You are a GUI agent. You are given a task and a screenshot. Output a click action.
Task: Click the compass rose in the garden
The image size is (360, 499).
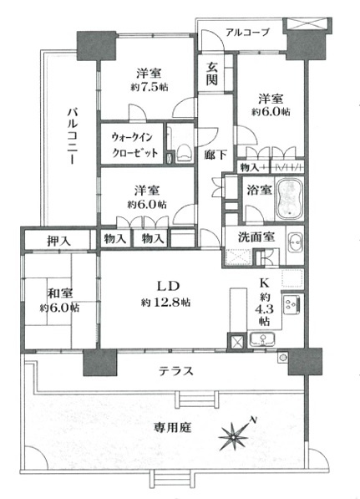coord(234,438)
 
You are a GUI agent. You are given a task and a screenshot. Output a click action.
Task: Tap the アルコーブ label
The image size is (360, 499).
coord(248,33)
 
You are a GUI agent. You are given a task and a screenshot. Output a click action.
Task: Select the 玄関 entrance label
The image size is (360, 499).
coord(212,73)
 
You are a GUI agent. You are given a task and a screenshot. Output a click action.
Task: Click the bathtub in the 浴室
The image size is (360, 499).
coord(290,199)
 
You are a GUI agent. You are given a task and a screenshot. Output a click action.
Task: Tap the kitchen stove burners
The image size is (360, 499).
coord(291,303)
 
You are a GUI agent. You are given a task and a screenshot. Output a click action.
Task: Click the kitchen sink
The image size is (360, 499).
coord(262,339)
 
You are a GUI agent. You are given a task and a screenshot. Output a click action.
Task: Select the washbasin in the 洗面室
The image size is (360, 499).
coord(295,244)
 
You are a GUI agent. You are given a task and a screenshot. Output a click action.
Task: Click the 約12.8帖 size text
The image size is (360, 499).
coord(165,303)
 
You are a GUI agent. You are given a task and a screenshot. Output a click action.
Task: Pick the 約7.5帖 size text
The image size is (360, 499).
coord(150,87)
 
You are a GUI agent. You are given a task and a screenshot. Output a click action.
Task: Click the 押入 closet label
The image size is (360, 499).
coord(58,242)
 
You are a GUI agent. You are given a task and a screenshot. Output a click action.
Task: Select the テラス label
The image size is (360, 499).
coord(176,371)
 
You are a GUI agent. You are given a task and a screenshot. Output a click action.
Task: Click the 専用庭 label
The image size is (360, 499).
coord(172,427)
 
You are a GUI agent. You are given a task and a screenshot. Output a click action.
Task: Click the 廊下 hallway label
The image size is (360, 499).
coord(215,155)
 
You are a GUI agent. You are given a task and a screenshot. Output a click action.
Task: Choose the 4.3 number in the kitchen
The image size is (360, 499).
coord(264,309)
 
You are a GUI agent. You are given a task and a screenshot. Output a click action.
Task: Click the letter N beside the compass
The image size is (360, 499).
coord(253,420)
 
